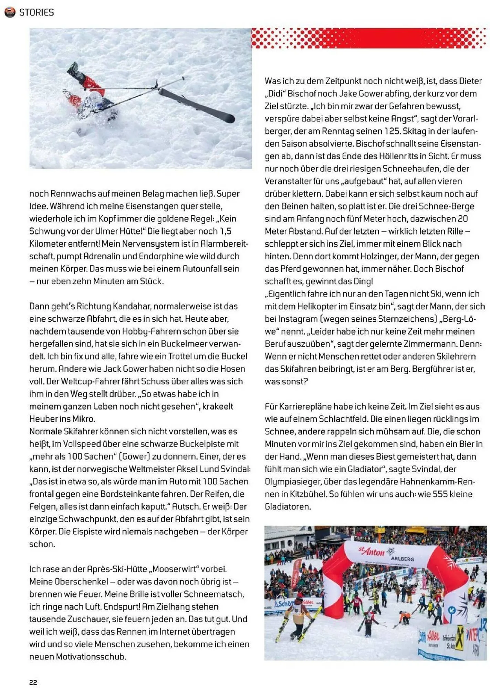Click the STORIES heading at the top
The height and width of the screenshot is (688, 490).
pos(37,12)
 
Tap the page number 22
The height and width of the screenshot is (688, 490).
pos(33,682)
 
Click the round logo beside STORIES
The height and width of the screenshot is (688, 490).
pos(10,12)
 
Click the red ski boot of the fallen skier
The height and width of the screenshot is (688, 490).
pos(93,84)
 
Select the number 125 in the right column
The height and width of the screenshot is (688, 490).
pos(392,131)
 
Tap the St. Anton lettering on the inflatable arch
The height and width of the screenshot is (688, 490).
pos(372,551)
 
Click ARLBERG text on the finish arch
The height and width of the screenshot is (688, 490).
pos(402,559)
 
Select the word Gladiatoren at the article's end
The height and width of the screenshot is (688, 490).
pos(288,507)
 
